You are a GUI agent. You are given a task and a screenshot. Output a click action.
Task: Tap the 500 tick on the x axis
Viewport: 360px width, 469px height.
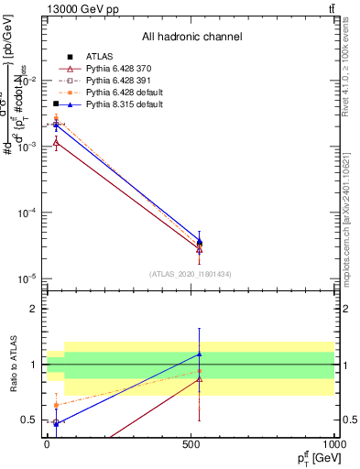click(191, 444)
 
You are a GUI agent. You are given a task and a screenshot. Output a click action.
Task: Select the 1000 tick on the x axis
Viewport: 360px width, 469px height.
click(333, 444)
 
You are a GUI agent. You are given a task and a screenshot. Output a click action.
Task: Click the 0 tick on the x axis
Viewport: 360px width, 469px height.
click(48, 444)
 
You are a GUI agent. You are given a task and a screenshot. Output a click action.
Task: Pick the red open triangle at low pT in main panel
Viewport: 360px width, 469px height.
click(57, 142)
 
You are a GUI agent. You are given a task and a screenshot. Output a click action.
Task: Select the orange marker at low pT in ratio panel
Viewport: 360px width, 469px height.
click(57, 405)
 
